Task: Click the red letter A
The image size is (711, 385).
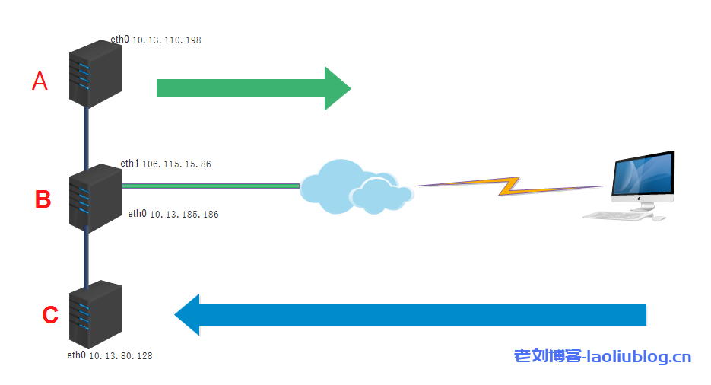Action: click(x=40, y=81)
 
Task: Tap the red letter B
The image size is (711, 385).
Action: click(x=43, y=199)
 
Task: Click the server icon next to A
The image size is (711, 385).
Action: click(x=94, y=75)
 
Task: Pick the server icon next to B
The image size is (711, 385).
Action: click(x=94, y=196)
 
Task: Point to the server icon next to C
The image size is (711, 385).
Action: click(x=94, y=315)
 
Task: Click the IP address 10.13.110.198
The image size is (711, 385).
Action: click(x=167, y=40)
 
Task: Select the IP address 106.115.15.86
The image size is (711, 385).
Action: click(x=176, y=164)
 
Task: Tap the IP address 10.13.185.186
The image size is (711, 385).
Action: click(x=183, y=215)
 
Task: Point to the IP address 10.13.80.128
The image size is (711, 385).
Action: click(x=121, y=355)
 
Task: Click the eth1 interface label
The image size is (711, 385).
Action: click(x=129, y=164)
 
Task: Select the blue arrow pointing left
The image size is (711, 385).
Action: click(x=411, y=314)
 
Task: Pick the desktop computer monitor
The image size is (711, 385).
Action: click(x=643, y=177)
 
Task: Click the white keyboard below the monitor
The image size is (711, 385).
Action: click(x=617, y=215)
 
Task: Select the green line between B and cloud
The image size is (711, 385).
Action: click(x=210, y=185)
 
